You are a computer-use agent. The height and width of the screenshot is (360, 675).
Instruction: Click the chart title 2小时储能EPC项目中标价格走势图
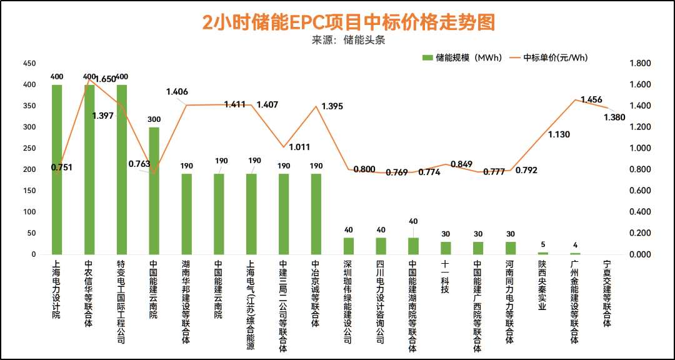click(349, 22)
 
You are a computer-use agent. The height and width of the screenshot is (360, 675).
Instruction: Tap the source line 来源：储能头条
click(349, 40)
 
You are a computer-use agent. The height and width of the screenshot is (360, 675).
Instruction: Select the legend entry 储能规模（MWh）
click(462, 57)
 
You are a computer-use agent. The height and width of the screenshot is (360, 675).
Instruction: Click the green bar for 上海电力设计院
click(57, 169)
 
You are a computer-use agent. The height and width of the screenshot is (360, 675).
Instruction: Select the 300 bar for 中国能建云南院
click(154, 191)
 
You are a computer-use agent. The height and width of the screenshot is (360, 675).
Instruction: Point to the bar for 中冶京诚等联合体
click(316, 214)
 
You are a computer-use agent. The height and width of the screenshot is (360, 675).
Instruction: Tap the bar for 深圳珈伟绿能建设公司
click(349, 246)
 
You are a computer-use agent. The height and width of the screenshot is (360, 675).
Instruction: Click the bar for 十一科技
click(446, 248)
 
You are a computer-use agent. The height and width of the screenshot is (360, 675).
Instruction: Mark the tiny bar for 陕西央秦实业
click(543, 253)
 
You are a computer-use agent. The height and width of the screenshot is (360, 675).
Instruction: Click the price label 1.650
click(106, 79)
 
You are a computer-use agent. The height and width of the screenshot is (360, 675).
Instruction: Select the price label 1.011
click(299, 147)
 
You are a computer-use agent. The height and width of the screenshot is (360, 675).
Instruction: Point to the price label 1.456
click(591, 100)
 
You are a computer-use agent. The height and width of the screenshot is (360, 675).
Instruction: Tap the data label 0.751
click(61, 167)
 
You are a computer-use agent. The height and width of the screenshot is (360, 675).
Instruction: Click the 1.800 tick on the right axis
click(641, 64)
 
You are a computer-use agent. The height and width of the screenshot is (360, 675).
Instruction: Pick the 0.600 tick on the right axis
click(641, 191)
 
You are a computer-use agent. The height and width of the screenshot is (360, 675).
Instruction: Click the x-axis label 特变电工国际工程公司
click(122, 302)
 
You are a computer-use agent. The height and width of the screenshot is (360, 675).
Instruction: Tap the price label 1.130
click(559, 134)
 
